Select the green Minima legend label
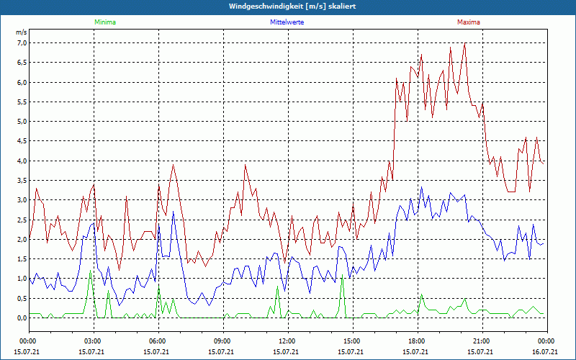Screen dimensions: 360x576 coord(104,22)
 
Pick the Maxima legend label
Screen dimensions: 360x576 coord(469,22)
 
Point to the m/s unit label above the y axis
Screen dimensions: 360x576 coord(22,32)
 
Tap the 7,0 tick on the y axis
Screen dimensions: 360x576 coord(22,43)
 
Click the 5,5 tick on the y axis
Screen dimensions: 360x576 coord(22,102)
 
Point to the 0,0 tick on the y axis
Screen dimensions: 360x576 coord(22,318)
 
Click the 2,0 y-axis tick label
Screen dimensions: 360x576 coord(22,239)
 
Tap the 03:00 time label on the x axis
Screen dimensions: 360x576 coord(93,341)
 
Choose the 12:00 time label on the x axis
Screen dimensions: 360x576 coord(287,341)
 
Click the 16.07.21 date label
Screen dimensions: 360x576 coord(545,351)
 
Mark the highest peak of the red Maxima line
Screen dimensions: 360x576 coord(465,44)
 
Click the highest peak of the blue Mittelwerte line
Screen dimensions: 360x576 coord(421,188)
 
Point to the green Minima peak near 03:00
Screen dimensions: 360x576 coord(90,271)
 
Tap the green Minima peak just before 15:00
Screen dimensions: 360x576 coord(343,276)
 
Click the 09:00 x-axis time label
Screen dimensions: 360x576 coord(222,341)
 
